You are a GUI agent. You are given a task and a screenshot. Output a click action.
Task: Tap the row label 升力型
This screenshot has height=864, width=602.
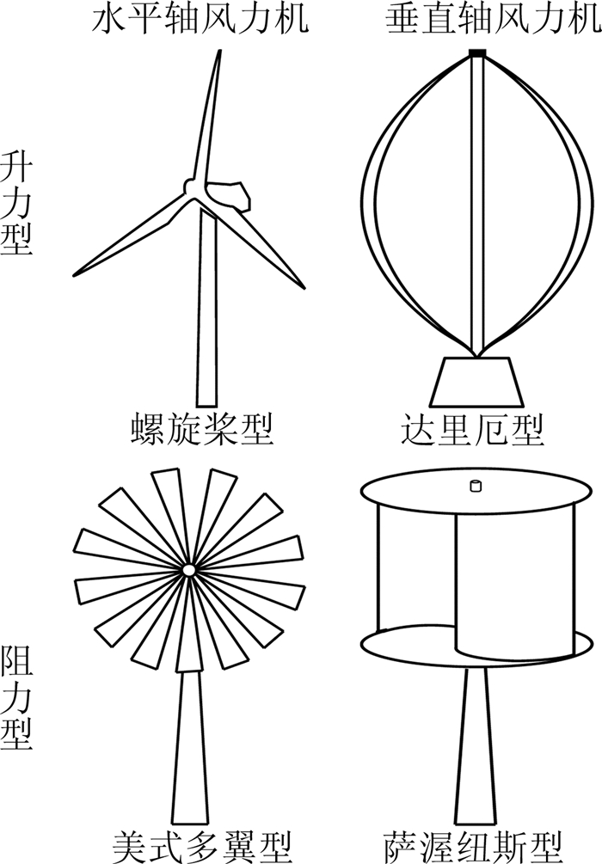(x=16, y=203)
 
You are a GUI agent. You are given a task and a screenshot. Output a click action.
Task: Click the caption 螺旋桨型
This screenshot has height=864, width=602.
(x=203, y=429)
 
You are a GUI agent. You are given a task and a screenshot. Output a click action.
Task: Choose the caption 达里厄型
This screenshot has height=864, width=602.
(x=474, y=429)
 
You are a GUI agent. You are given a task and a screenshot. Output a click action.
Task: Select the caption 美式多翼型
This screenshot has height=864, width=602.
(x=202, y=846)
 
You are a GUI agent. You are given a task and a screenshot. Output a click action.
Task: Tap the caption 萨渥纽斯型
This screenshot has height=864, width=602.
(x=475, y=846)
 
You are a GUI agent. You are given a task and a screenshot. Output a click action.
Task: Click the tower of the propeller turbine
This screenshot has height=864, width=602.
(x=206, y=318)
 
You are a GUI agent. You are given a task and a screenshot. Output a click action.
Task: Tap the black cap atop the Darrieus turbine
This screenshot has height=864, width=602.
(x=478, y=54)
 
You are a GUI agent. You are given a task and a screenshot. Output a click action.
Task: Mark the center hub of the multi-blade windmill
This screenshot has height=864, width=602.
(x=188, y=570)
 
